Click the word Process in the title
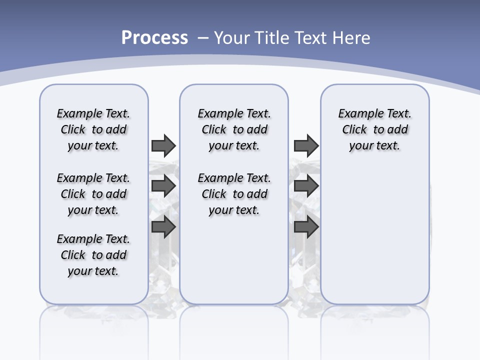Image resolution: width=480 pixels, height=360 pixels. (154, 38)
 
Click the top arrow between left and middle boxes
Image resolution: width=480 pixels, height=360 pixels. (163, 145)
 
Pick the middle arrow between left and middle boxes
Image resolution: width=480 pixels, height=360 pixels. (163, 186)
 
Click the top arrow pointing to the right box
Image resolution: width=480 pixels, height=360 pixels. (306, 145)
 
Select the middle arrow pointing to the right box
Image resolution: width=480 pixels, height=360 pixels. (306, 186)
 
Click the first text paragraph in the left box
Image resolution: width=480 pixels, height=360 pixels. (93, 129)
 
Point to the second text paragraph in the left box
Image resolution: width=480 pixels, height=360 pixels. (93, 194)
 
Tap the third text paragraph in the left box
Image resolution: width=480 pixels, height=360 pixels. (93, 255)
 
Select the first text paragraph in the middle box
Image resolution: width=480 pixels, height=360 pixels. (234, 129)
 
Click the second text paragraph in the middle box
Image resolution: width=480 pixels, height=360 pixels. (234, 194)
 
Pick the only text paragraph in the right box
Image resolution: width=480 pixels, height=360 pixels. (374, 129)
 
